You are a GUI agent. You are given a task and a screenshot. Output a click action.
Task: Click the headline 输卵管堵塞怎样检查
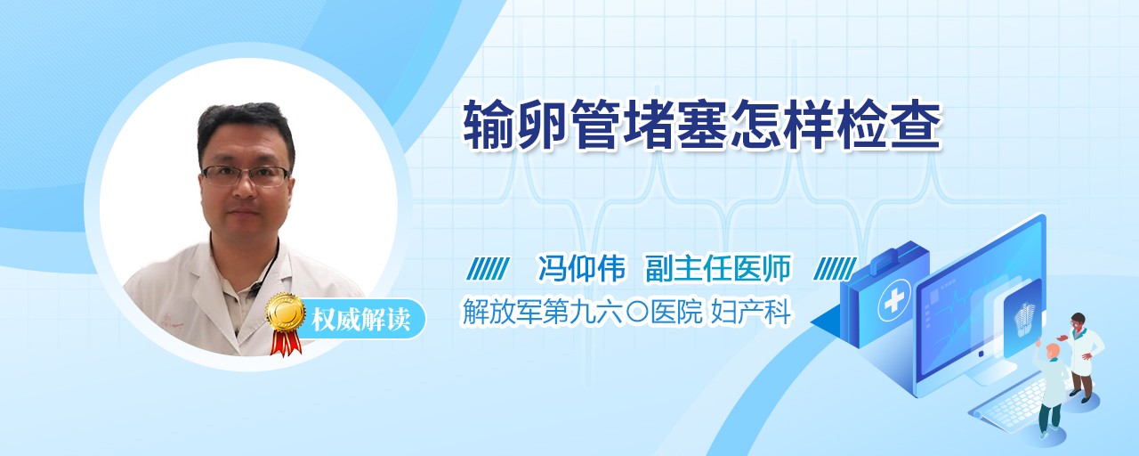pyautogui.click(x=702, y=125)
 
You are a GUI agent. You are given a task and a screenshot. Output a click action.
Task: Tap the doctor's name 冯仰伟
pyautogui.click(x=581, y=268)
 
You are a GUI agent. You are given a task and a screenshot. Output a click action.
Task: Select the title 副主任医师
pyautogui.click(x=718, y=268)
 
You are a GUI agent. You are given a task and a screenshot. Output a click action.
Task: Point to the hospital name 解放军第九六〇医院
pyautogui.click(x=582, y=312)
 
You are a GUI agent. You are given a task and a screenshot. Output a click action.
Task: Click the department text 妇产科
pyautogui.click(x=750, y=312)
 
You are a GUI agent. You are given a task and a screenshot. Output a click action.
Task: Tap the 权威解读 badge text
pyautogui.click(x=360, y=320)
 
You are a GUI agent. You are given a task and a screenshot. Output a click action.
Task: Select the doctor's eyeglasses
pyautogui.click(x=246, y=175)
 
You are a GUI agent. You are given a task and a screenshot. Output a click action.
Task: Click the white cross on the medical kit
pyautogui.click(x=893, y=302)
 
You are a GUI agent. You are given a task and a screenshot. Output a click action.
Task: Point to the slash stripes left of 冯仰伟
pyautogui.click(x=489, y=268)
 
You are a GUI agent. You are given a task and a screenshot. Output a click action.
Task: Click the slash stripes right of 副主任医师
pyautogui.click(x=835, y=268)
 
